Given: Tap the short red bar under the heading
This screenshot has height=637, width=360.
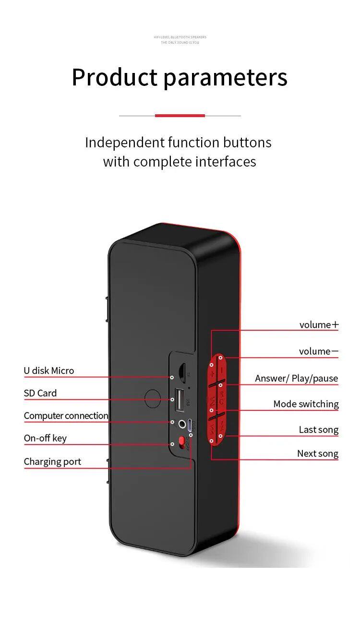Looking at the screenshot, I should [x=180, y=116].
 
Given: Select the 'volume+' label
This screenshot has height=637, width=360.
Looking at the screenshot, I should [x=319, y=325].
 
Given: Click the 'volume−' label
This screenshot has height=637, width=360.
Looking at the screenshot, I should [x=318, y=351].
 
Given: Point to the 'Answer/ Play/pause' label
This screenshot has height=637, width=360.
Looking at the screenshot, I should [x=296, y=378].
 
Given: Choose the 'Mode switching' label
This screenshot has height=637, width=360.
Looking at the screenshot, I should [x=306, y=404].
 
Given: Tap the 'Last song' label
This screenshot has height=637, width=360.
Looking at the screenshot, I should [x=318, y=430].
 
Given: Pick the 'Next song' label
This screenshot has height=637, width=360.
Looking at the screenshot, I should [x=317, y=454].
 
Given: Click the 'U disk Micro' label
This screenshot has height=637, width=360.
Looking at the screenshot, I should [x=49, y=371].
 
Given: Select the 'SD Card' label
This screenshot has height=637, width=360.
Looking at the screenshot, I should [x=40, y=393].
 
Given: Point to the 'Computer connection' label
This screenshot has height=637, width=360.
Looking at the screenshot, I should [x=66, y=416].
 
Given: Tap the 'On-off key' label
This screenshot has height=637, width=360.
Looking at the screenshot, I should [x=45, y=438].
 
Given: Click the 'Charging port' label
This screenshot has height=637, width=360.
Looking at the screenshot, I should [x=52, y=462].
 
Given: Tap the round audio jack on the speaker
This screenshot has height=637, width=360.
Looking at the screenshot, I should [x=182, y=424].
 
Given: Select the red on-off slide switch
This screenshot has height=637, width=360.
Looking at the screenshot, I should [x=181, y=441].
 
